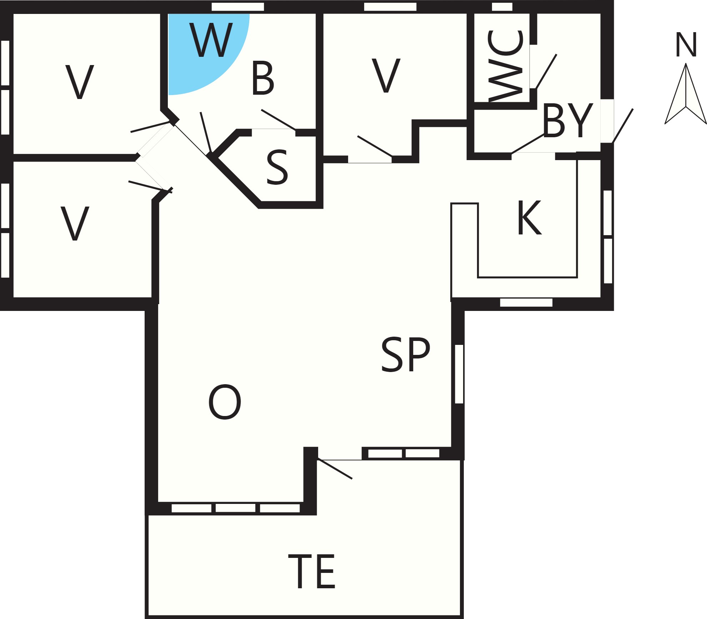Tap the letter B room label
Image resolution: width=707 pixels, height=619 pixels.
pyautogui.click(x=263, y=78)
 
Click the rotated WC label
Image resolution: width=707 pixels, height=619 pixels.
pyautogui.click(x=505, y=66)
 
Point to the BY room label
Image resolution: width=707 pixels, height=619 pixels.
pyautogui.click(x=567, y=120)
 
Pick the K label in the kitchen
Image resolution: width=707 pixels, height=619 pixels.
pyautogui.click(x=530, y=217)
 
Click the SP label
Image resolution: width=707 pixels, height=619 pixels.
pyautogui.click(x=406, y=354)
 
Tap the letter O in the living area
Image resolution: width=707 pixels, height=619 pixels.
pyautogui.click(x=225, y=402)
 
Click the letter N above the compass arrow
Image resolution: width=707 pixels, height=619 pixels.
pyautogui.click(x=686, y=45)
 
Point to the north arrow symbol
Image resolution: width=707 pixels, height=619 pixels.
pyautogui.click(x=686, y=94)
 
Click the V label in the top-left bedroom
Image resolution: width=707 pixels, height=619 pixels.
pyautogui.click(x=80, y=82)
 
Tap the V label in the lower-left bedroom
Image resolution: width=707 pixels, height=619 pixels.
pyautogui.click(x=75, y=223)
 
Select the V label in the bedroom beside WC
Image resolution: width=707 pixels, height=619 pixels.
pyautogui.click(x=386, y=75)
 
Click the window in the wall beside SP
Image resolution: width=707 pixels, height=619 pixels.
pyautogui.click(x=459, y=374)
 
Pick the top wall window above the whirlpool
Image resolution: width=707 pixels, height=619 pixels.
pyautogui.click(x=238, y=7)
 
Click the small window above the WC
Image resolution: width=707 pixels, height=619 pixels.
pyautogui.click(x=502, y=7)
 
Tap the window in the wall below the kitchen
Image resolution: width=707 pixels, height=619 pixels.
pyautogui.click(x=526, y=302)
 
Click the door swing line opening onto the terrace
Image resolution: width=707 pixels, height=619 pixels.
pyautogui.click(x=335, y=469)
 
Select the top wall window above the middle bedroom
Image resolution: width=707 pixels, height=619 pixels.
pyautogui.click(x=390, y=7)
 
